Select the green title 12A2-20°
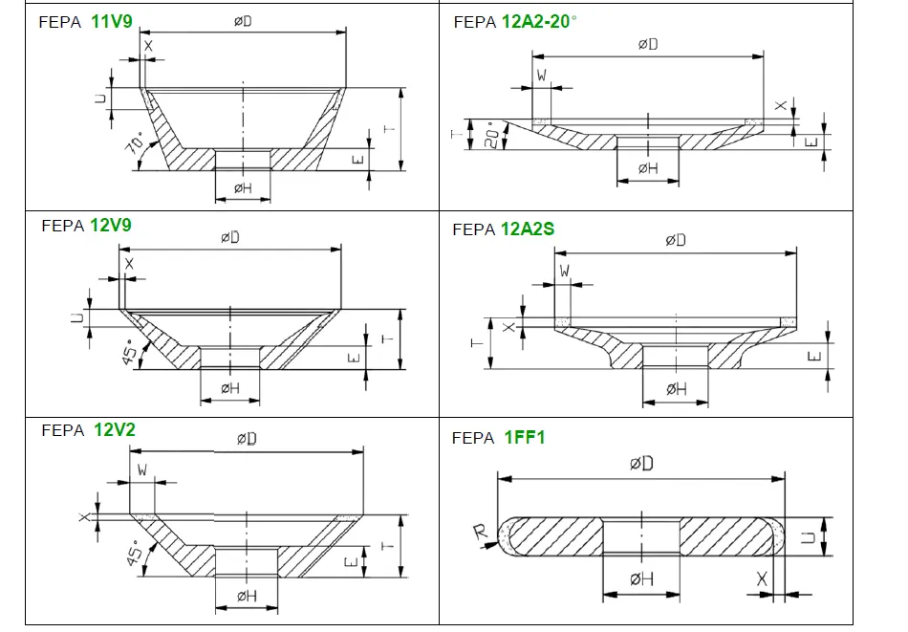click(539, 21)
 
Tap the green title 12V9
click(110, 226)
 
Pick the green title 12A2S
click(528, 229)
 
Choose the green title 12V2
click(115, 429)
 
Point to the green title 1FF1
click(525, 438)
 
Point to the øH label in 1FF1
click(641, 578)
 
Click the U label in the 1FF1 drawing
click(807, 538)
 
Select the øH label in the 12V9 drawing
click(230, 387)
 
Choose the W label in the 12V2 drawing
click(142, 469)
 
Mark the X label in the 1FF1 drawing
click(762, 578)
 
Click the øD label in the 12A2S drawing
click(676, 240)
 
